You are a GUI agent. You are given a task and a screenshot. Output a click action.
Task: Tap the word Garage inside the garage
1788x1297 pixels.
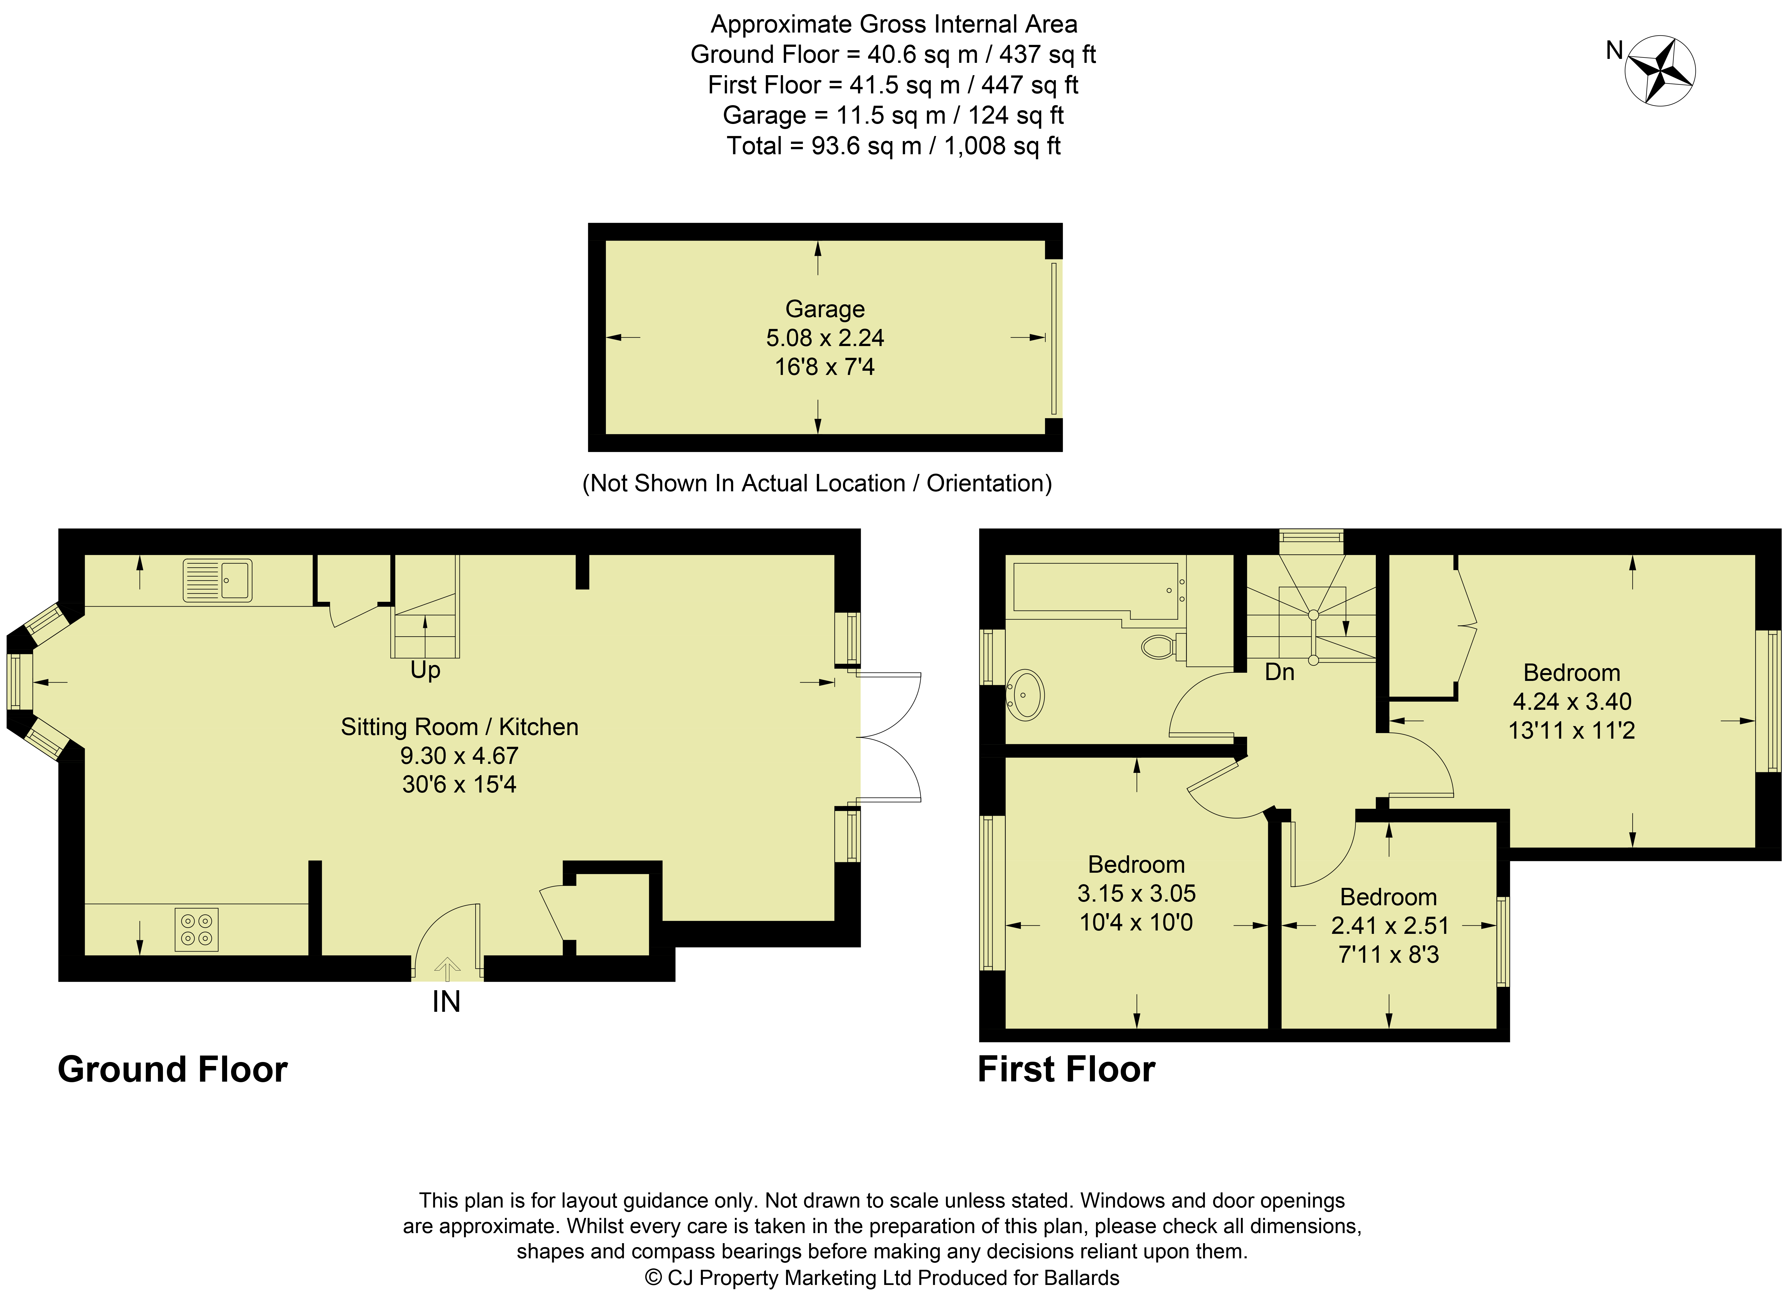(825, 309)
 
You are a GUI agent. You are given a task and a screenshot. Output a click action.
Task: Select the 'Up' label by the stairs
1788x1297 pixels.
(425, 670)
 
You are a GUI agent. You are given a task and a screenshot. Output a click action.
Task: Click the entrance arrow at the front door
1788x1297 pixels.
(447, 968)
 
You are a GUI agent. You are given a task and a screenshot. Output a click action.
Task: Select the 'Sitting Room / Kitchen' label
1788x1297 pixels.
(460, 727)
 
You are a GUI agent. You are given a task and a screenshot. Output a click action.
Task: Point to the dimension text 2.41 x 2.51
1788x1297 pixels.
(1389, 926)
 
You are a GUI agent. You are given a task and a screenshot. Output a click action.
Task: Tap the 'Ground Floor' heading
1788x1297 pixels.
(173, 1070)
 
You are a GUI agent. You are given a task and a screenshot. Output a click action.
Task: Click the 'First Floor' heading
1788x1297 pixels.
(1067, 1070)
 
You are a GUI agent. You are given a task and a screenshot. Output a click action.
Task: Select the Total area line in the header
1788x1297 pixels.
(894, 146)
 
